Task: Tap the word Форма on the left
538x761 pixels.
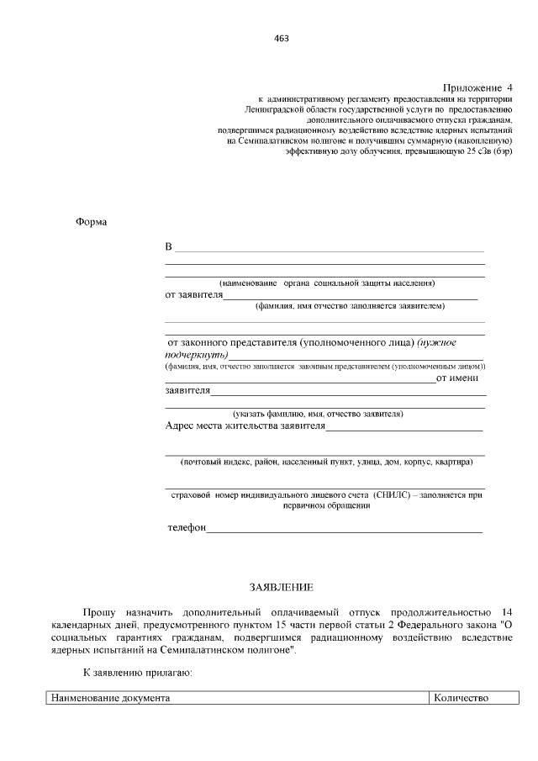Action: [92, 222]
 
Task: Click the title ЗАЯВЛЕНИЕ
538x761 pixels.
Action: [281, 586]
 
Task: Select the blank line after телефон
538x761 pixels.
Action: [345, 530]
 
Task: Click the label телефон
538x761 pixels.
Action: [187, 527]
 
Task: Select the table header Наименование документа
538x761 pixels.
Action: [110, 698]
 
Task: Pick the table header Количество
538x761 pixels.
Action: [461, 698]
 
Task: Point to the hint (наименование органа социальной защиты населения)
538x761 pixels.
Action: [327, 283]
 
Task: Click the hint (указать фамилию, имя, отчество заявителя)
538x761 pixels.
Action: [318, 414]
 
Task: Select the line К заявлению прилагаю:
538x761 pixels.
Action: [138, 674]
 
